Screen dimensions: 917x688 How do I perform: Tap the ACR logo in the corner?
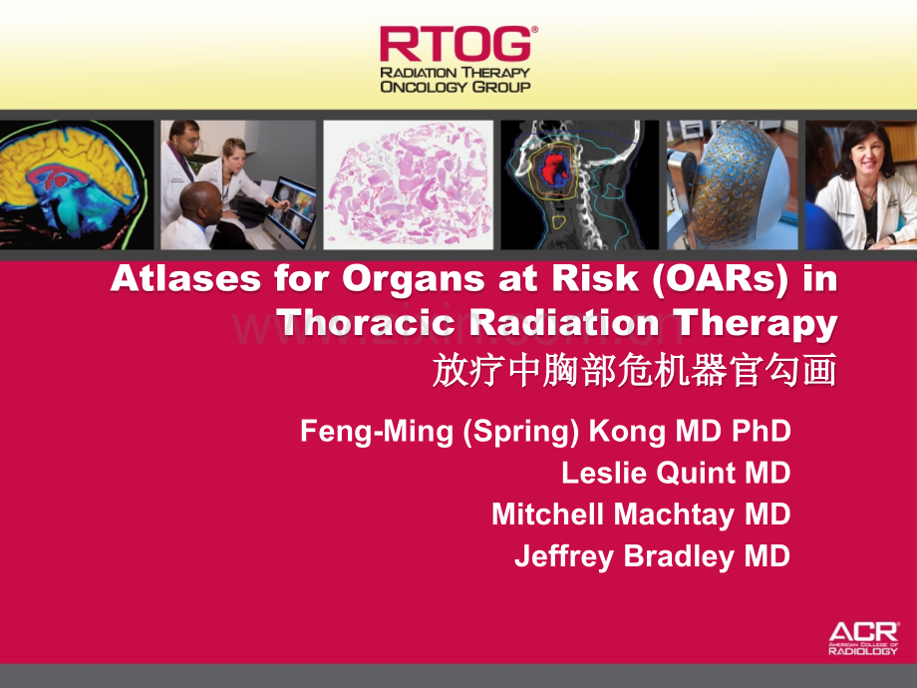tap(863, 638)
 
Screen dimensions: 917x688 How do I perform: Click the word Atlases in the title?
tap(185, 278)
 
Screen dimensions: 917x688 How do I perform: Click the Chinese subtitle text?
tap(635, 370)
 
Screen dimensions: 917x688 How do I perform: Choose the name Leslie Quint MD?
tap(676, 473)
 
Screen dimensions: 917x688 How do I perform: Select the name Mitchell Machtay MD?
tap(641, 515)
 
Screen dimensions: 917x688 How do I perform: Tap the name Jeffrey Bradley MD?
tap(652, 556)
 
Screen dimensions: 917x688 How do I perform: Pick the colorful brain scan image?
tap(75, 184)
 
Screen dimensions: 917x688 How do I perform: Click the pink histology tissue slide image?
tap(409, 184)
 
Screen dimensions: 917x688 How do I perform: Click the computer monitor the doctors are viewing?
tap(292, 210)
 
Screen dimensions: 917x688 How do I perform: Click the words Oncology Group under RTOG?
tap(455, 87)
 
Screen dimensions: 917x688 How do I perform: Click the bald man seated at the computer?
tap(198, 215)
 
